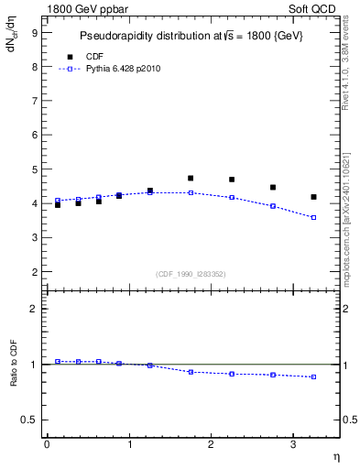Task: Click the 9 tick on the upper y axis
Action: click(34, 33)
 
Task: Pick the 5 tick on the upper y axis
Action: click(34, 169)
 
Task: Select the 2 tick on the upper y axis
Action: click(34, 272)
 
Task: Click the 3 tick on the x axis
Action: click(293, 444)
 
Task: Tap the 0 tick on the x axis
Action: click(47, 444)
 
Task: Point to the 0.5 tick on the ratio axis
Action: click(30, 420)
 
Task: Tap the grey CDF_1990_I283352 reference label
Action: click(191, 273)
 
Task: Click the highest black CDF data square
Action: click(191, 179)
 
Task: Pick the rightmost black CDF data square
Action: click(313, 197)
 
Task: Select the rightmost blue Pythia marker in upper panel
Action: click(313, 217)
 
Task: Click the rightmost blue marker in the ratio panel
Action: click(313, 376)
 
